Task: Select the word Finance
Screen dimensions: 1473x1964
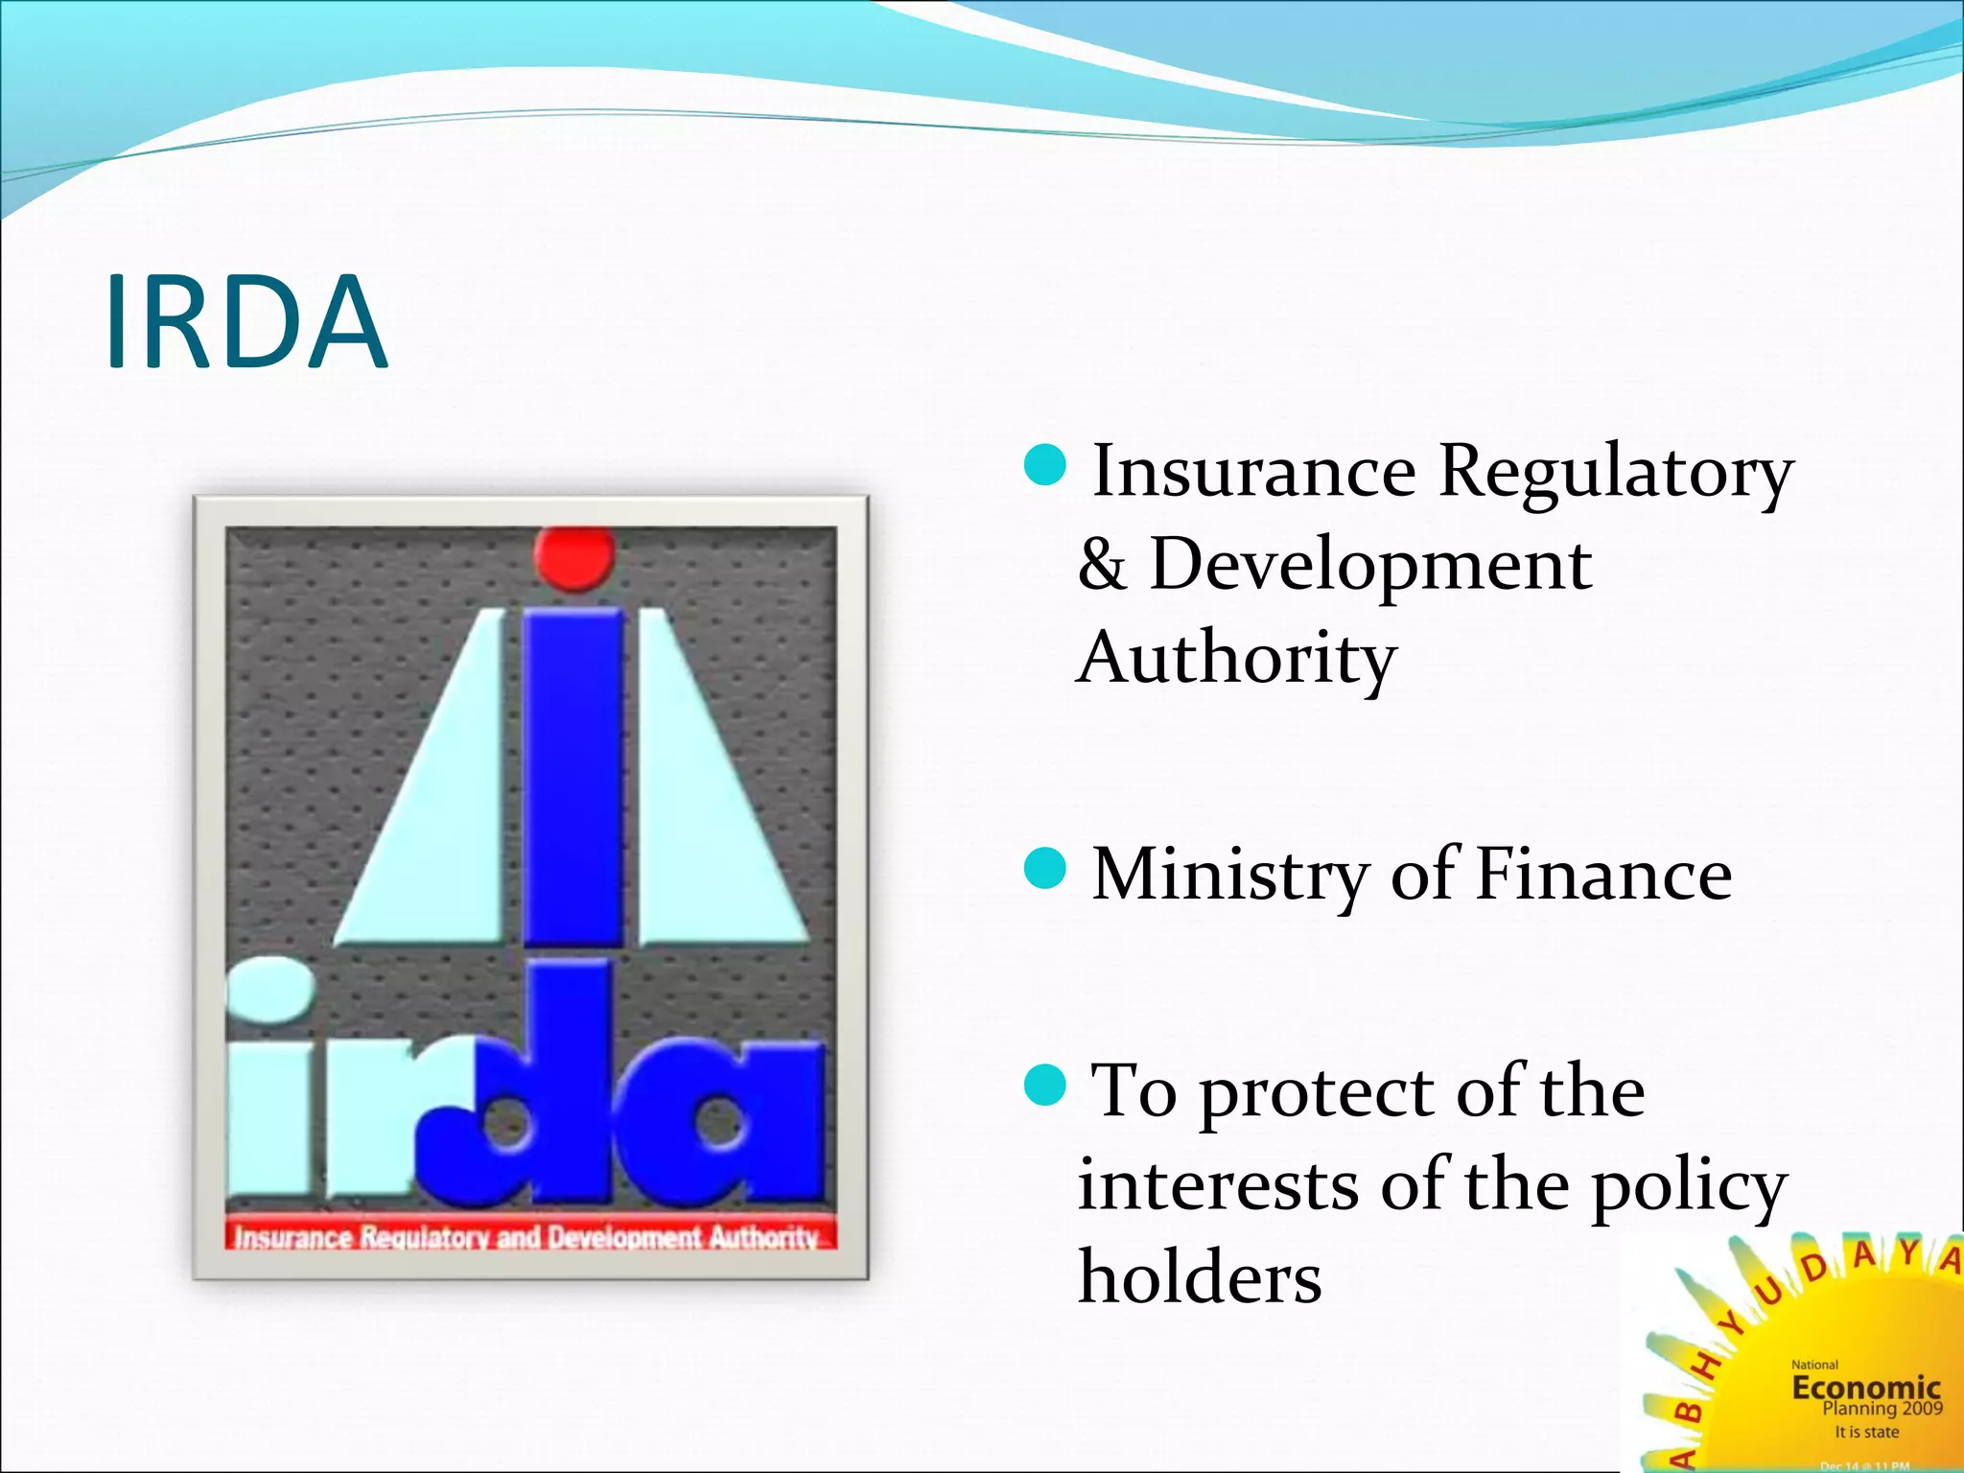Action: (1603, 874)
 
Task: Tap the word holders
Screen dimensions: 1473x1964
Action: (1200, 1278)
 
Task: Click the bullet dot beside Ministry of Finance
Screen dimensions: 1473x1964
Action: (1044, 869)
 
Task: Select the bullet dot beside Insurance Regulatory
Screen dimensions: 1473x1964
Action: (1044, 464)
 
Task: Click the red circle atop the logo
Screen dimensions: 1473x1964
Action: (573, 556)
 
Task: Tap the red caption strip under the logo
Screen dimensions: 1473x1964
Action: (529, 1236)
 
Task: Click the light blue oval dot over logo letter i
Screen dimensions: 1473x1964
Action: (269, 989)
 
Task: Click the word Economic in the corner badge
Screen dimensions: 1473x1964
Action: (1866, 1387)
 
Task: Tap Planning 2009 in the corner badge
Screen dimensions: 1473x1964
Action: (1882, 1409)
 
